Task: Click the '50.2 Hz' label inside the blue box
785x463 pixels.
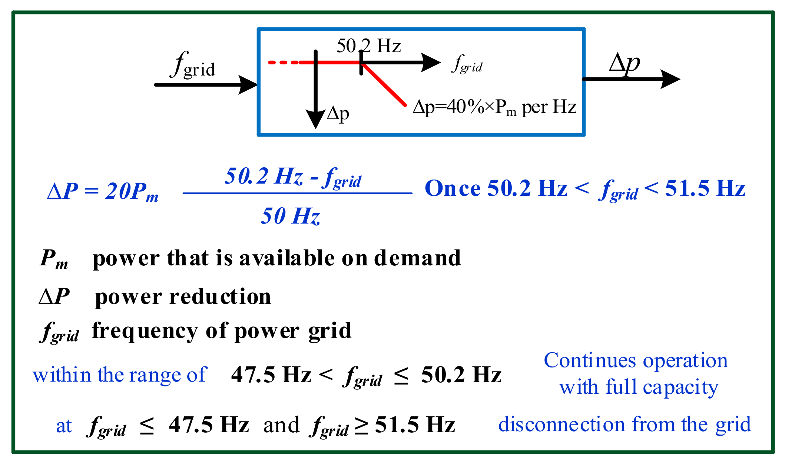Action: point(368,46)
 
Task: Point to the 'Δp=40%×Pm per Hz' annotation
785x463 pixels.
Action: point(494,107)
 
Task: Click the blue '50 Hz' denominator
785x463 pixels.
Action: point(290,216)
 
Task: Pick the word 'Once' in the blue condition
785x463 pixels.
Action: point(453,188)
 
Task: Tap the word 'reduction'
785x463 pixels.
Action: point(220,297)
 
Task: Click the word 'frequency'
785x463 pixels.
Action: point(145,331)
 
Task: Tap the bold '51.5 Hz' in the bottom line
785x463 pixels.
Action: point(415,425)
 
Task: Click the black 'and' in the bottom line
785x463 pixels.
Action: point(281,425)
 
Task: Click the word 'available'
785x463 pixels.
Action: point(287,258)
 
